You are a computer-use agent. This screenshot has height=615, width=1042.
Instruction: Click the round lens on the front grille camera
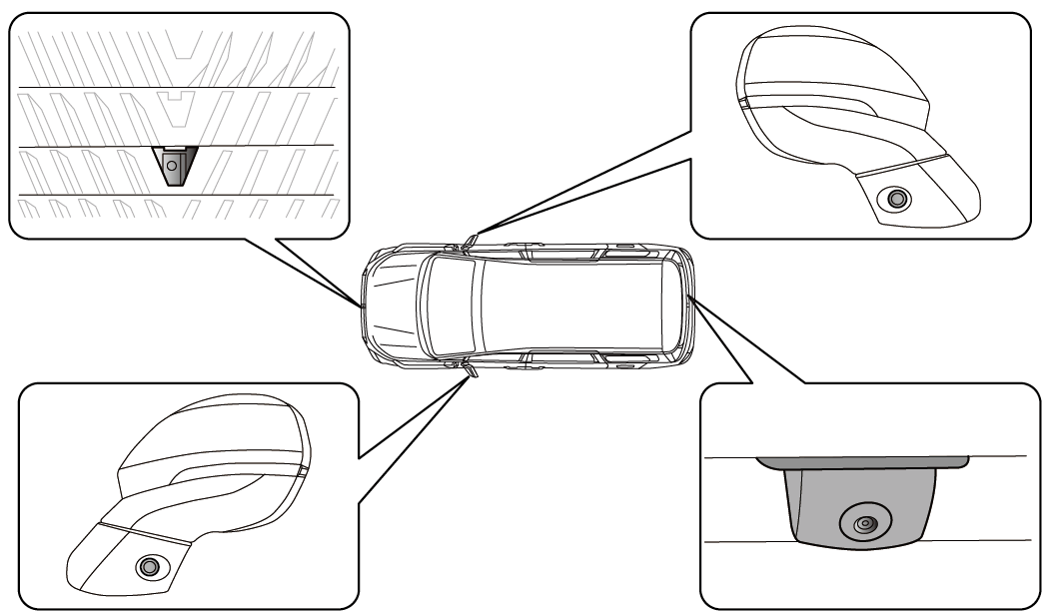[x=173, y=159]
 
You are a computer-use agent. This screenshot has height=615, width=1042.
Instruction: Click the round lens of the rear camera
[x=864, y=522]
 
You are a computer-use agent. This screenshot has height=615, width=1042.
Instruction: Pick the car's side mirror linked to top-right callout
[x=471, y=239]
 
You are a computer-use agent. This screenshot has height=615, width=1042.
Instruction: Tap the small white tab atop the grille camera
[x=174, y=148]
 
